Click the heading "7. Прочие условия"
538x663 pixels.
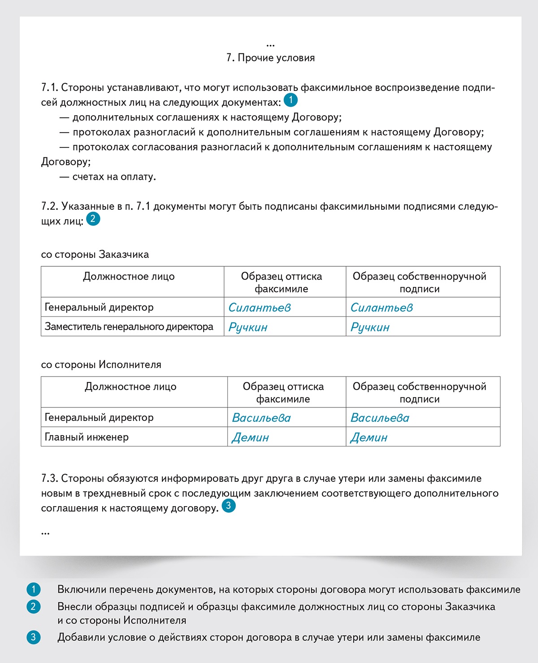(x=270, y=58)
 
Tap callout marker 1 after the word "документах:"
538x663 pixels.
(x=291, y=100)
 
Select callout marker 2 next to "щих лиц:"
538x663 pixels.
(x=93, y=219)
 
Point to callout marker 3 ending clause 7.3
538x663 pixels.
(x=228, y=506)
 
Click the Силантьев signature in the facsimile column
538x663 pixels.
(x=260, y=308)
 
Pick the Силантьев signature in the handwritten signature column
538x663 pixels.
(x=382, y=308)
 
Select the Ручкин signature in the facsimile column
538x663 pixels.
(x=248, y=327)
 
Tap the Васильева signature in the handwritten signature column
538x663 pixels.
(x=380, y=418)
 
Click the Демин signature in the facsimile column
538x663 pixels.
(x=250, y=438)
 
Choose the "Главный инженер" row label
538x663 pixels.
(x=87, y=437)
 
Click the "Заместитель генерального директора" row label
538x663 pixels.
(x=129, y=327)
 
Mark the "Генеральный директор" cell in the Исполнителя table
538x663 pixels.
(x=99, y=417)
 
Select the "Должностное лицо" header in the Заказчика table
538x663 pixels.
(x=129, y=277)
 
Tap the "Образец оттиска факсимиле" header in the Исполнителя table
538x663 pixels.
(x=283, y=393)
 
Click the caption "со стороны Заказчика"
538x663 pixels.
(x=95, y=255)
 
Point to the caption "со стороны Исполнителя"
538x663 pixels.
(x=101, y=365)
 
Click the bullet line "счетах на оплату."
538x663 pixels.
(x=114, y=177)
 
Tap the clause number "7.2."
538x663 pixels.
(x=50, y=206)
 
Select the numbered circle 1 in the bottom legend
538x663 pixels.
(x=33, y=589)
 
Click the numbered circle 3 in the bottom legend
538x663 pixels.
(x=33, y=637)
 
